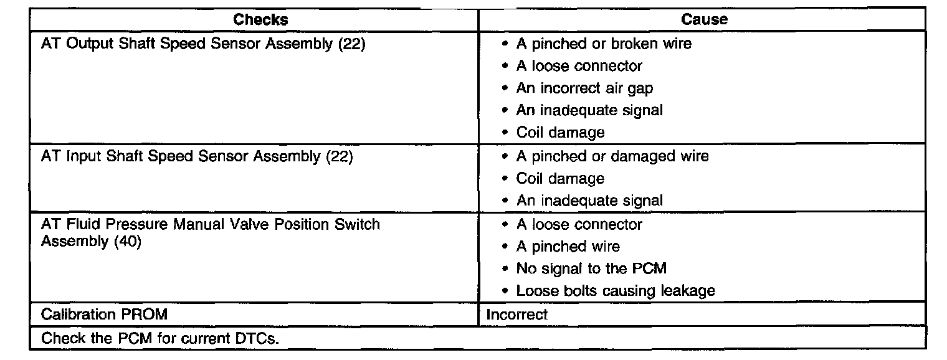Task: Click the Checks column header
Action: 260,19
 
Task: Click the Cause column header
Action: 704,19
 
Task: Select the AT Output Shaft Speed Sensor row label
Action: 202,44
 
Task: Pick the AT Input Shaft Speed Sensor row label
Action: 197,156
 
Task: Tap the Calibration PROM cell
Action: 104,315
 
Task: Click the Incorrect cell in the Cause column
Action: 516,315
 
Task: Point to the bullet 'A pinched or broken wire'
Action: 603,44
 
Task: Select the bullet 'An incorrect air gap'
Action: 584,88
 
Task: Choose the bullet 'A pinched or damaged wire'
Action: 612,156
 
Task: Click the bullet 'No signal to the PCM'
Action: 591,268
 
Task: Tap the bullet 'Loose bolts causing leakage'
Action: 615,291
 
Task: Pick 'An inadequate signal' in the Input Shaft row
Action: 589,201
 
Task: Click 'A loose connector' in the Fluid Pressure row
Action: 579,224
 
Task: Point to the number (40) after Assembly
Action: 128,241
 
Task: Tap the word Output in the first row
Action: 87,44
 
